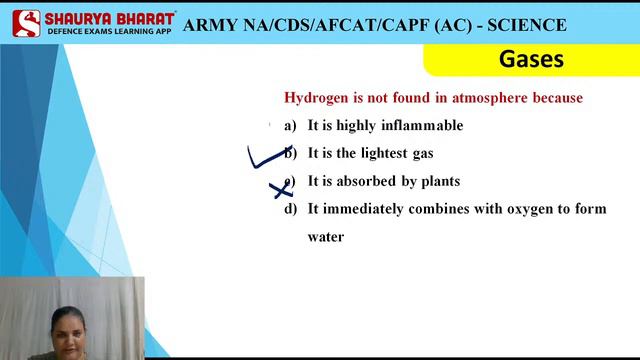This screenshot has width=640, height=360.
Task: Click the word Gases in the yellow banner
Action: (x=531, y=59)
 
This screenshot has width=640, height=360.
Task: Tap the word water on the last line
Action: (x=326, y=237)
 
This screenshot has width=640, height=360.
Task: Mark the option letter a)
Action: (x=291, y=126)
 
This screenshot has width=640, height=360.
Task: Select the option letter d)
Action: (x=291, y=209)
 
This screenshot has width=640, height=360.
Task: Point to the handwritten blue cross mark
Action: (x=281, y=187)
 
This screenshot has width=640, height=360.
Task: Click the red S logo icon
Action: (x=26, y=22)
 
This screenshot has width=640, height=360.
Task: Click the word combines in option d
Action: (x=438, y=209)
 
